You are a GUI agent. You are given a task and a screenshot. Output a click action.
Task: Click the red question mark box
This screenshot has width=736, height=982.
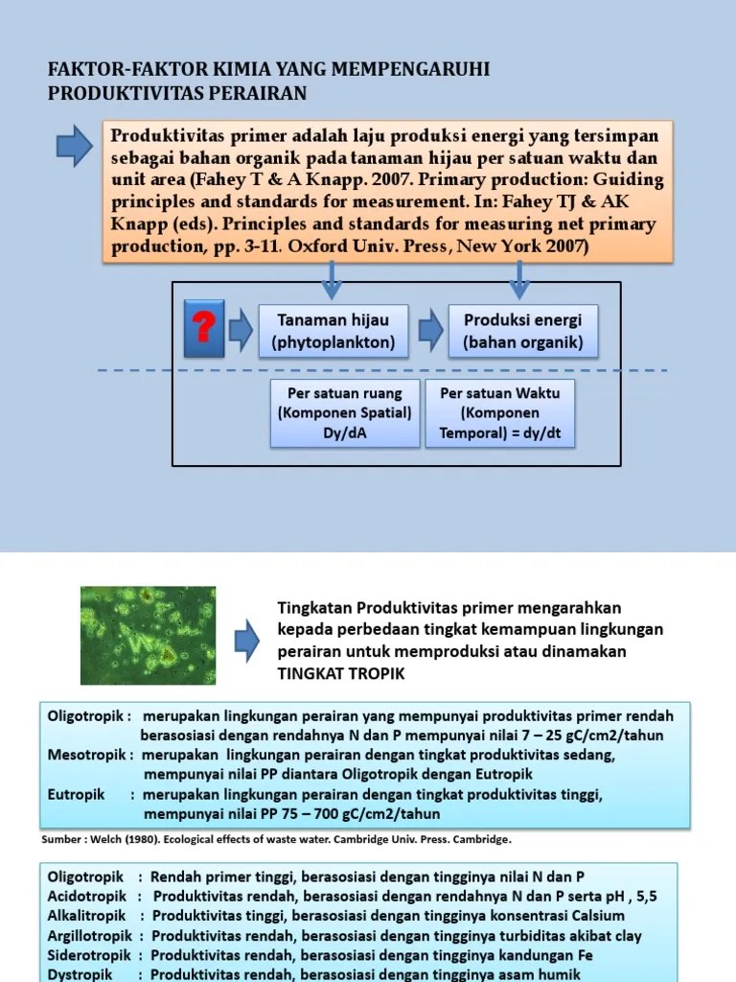click(x=203, y=328)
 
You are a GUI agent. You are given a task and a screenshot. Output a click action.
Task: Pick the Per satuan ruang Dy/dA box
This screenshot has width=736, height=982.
click(x=344, y=413)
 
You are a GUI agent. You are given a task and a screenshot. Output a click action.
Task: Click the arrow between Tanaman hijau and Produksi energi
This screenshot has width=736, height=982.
click(x=432, y=330)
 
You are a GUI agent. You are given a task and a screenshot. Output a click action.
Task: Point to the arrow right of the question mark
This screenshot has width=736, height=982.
click(x=240, y=330)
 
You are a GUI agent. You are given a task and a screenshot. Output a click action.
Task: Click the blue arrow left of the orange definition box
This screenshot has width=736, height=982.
click(x=74, y=145)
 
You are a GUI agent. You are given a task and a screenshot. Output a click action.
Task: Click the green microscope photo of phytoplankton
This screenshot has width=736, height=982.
click(x=148, y=629)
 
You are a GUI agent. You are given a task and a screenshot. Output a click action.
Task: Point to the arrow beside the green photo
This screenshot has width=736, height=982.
click(x=246, y=634)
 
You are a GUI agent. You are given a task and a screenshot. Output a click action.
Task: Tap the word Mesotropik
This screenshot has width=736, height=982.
click(x=86, y=755)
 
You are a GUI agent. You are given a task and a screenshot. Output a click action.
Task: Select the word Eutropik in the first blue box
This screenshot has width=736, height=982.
click(x=76, y=794)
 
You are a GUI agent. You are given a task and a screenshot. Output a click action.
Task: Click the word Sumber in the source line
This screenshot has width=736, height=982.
click(x=60, y=838)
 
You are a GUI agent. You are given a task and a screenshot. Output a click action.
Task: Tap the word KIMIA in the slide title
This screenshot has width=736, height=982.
click(x=177, y=70)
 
